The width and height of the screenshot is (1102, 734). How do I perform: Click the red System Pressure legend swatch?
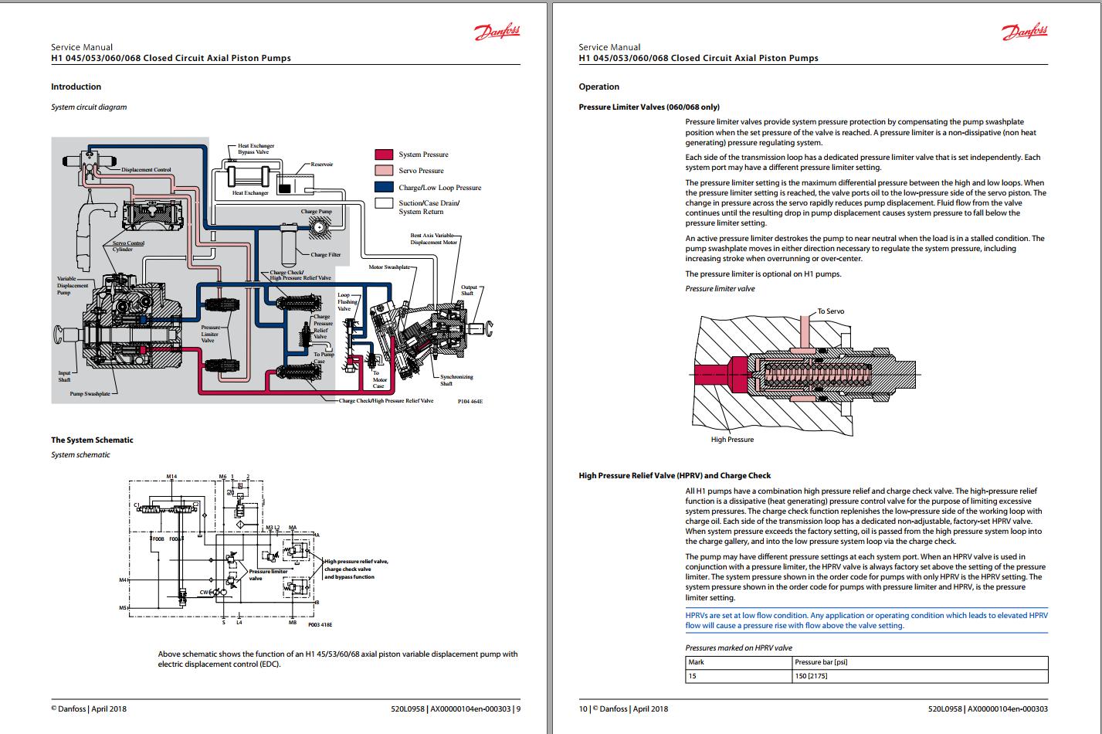[x=384, y=155]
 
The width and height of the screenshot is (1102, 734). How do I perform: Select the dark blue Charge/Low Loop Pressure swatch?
[x=384, y=187]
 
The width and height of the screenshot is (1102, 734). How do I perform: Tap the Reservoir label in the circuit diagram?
[x=321, y=165]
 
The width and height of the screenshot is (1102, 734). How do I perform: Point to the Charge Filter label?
[x=325, y=255]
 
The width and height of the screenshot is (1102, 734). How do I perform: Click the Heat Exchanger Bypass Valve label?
[x=256, y=149]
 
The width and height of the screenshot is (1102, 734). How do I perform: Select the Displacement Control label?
[x=146, y=169]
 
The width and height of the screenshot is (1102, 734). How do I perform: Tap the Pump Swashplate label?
[x=90, y=394]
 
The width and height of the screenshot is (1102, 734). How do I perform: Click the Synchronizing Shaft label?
[x=456, y=380]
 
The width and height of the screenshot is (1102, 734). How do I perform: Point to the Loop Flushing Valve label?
[x=347, y=301]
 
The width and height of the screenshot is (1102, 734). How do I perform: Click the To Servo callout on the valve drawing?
[x=831, y=311]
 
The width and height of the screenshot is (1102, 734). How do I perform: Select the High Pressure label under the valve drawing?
[x=732, y=440]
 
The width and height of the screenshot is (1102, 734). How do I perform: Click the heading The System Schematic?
[x=92, y=440]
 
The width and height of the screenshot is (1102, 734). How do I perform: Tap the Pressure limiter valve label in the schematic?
[x=268, y=575]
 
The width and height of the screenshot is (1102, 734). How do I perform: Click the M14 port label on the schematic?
[x=171, y=477]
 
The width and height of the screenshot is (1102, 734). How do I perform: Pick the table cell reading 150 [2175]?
[x=811, y=676]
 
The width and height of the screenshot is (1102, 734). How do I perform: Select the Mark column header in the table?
[x=697, y=662]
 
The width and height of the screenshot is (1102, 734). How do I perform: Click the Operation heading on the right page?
[x=598, y=87]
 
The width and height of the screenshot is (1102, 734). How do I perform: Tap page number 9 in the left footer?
[x=518, y=709]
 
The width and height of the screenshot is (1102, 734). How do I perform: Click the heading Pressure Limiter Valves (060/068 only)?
[x=649, y=107]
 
